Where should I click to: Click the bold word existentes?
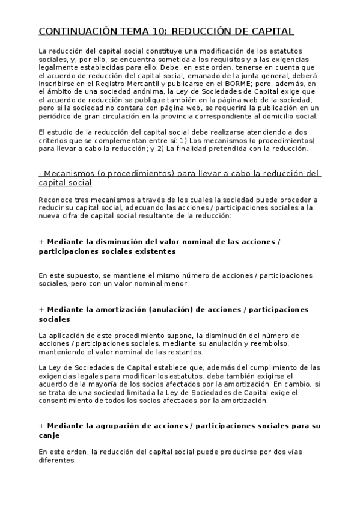(138, 251)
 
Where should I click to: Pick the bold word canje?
(49, 435)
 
